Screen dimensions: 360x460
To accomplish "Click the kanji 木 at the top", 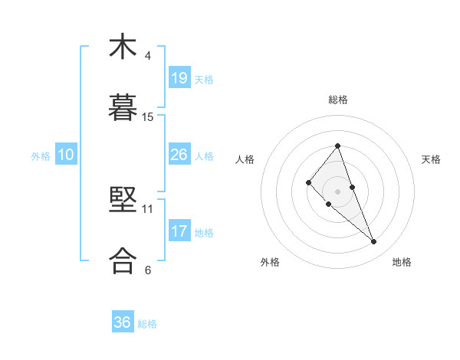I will [123, 47].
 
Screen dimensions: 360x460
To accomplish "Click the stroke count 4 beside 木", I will [147, 56].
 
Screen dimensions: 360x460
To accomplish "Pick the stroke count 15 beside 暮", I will [148, 116].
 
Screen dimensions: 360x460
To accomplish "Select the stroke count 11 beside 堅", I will [148, 208].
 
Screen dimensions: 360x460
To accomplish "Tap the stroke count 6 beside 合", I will [147, 270].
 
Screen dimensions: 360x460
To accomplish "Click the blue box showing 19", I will [179, 77].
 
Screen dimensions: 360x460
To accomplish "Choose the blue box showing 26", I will [179, 155].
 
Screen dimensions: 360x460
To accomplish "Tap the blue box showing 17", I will [179, 231].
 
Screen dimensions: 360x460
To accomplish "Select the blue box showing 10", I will [66, 155].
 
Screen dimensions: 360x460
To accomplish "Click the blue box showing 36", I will [123, 322].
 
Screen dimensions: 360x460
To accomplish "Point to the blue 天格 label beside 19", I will [204, 79].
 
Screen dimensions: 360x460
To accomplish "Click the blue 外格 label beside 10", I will [41, 156].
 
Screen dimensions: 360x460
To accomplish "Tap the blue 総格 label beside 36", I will [147, 324].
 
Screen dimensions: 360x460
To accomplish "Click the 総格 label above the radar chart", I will [338, 100].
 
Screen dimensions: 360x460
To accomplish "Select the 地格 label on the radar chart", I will [402, 262].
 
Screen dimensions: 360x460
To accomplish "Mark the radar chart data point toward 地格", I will [374, 242].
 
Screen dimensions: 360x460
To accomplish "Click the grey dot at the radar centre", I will [338, 191].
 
